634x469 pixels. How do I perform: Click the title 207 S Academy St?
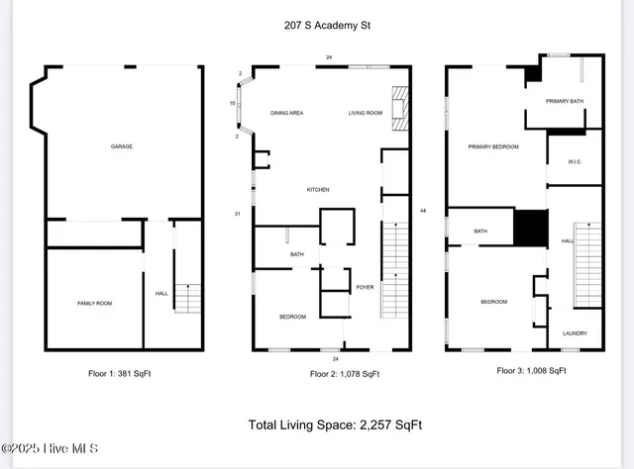coord(318,26)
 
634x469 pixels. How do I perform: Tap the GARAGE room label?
coord(121,146)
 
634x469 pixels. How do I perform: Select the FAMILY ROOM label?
coord(95,303)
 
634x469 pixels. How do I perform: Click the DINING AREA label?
coord(286,114)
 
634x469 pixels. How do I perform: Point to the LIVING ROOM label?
coord(365,114)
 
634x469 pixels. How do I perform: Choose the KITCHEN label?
coord(317,190)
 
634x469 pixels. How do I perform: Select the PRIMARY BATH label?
coord(564,101)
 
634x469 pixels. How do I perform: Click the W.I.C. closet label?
coord(574,161)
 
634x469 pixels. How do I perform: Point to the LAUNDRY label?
coord(575,333)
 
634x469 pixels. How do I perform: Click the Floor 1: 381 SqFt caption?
coord(119,373)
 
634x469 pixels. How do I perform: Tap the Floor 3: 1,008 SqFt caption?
coord(531,371)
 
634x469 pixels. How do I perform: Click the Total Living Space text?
coord(335,424)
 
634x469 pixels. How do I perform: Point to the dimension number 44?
coord(423,212)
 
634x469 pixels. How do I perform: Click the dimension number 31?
coord(238,214)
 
